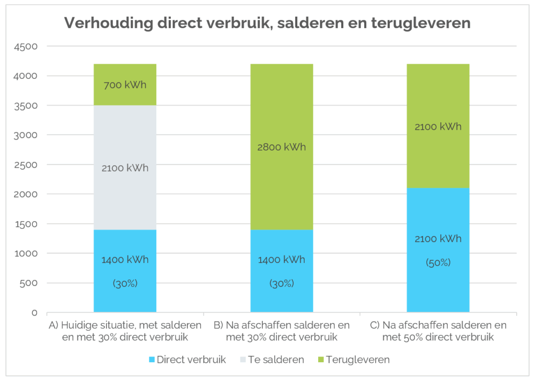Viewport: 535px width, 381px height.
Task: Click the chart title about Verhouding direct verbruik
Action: [x=267, y=23]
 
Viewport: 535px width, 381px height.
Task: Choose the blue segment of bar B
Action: [x=282, y=298]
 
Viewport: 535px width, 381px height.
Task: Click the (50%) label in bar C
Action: [x=438, y=262]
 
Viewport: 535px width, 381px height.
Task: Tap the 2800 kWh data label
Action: [x=282, y=147]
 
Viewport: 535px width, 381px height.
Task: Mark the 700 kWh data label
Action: [x=125, y=85]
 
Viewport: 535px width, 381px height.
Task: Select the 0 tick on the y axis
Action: [x=34, y=313]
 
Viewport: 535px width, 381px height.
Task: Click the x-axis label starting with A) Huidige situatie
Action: [x=125, y=331]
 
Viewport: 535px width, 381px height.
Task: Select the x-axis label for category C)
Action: [x=438, y=331]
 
